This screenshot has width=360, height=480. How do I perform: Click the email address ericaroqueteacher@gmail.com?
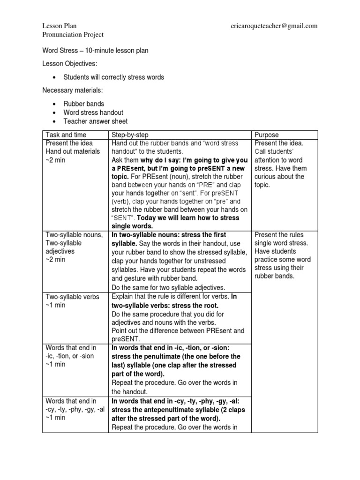click(x=274, y=26)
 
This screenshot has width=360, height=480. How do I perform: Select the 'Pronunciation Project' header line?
click(x=73, y=35)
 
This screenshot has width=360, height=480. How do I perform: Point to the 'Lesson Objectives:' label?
click(x=70, y=63)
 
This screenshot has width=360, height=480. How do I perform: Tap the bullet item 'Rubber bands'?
click(x=84, y=104)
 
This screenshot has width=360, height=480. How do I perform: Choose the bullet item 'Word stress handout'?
click(x=93, y=112)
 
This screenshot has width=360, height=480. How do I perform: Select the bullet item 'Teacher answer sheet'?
click(x=95, y=121)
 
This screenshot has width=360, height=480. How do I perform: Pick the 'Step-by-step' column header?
click(x=130, y=135)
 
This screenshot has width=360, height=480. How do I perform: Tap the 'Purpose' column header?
click(x=266, y=135)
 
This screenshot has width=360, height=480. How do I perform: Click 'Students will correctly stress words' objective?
click(x=114, y=77)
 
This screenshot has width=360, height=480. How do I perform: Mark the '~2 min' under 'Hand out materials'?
click(x=55, y=160)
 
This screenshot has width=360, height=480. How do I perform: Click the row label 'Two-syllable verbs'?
click(x=73, y=297)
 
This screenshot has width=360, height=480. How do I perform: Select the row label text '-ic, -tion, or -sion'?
click(x=70, y=356)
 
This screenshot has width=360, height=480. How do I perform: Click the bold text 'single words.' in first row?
click(x=133, y=226)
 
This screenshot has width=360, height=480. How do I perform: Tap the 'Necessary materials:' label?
click(x=73, y=90)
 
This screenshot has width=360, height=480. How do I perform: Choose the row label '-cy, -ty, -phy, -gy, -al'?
click(x=75, y=409)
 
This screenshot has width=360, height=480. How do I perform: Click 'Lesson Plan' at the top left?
click(x=59, y=26)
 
